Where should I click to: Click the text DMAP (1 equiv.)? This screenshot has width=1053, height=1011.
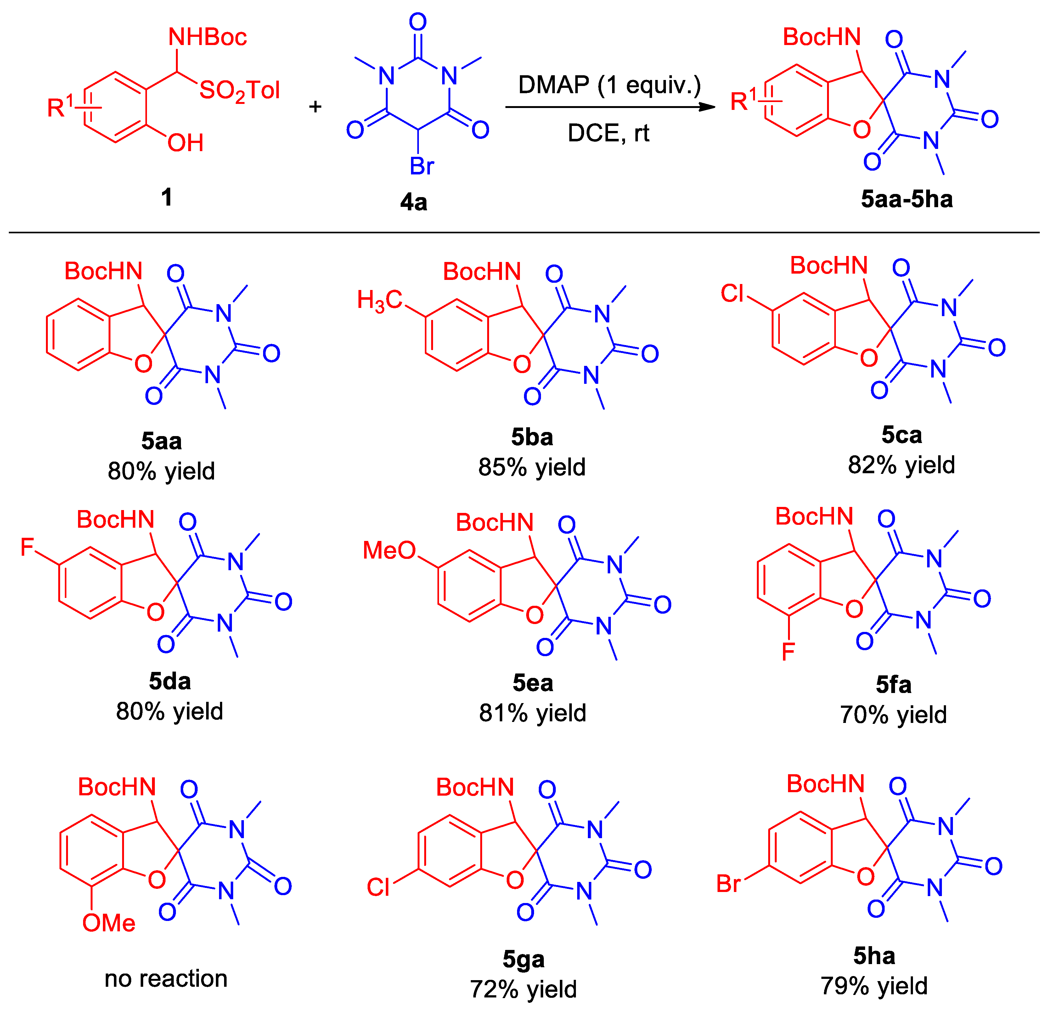tap(609, 85)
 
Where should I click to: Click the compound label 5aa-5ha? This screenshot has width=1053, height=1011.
tap(906, 199)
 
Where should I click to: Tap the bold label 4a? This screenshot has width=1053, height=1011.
tap(414, 202)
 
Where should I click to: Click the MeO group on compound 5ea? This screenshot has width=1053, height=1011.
tap(389, 550)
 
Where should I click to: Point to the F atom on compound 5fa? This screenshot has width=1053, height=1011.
tap(788, 652)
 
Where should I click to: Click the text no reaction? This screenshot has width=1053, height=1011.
tap(166, 978)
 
